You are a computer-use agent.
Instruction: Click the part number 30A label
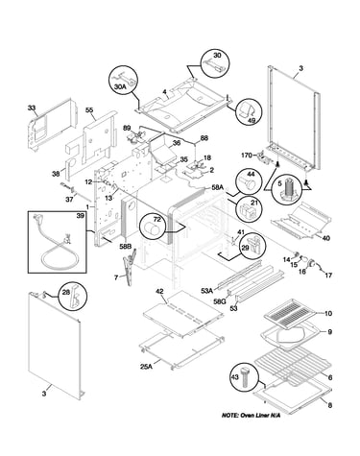120,86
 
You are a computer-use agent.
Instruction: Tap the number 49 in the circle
252,120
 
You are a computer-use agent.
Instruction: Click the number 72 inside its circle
156,219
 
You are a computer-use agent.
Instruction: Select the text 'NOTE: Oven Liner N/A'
251,416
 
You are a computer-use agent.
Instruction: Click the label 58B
125,247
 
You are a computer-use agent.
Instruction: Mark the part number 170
247,156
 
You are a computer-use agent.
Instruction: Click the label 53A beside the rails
206,291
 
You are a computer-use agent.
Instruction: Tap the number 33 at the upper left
32,108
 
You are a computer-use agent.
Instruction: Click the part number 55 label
89,110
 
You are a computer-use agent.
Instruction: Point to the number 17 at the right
328,276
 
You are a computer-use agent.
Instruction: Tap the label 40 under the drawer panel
326,238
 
